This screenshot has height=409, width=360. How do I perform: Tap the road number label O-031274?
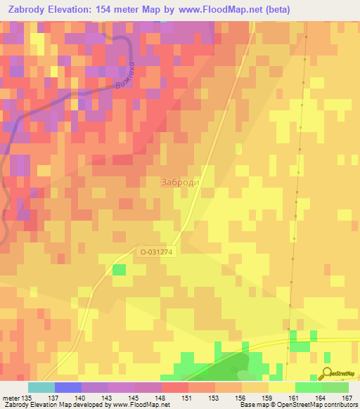[x=155, y=251]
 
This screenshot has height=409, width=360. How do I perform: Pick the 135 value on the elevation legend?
[x=27, y=397]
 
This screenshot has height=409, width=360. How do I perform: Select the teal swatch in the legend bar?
[x=41, y=387]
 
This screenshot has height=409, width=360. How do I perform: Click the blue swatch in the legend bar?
[x=67, y=387]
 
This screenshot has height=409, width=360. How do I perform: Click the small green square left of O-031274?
[x=119, y=269]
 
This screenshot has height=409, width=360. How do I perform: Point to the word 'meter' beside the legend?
[x=10, y=397]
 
